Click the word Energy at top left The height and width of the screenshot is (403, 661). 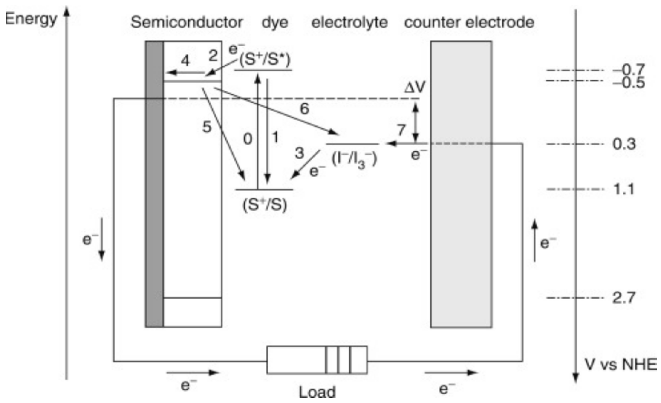tap(31, 19)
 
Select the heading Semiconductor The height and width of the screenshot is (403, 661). tap(187, 22)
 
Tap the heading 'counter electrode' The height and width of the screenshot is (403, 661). tap(469, 22)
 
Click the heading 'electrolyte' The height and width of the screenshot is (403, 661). tap(349, 22)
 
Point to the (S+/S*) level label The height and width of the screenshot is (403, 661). tap(264, 60)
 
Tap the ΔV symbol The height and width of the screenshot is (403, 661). tap(415, 87)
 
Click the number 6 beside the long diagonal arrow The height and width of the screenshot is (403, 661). tap(304, 109)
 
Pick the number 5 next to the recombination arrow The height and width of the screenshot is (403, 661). tap(206, 127)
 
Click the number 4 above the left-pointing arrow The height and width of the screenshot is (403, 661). tap(185, 61)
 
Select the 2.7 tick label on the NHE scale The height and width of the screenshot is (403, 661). tap(624, 298)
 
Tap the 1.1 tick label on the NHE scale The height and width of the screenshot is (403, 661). tap(624, 189)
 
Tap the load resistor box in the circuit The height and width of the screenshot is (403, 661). tap(317, 360)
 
